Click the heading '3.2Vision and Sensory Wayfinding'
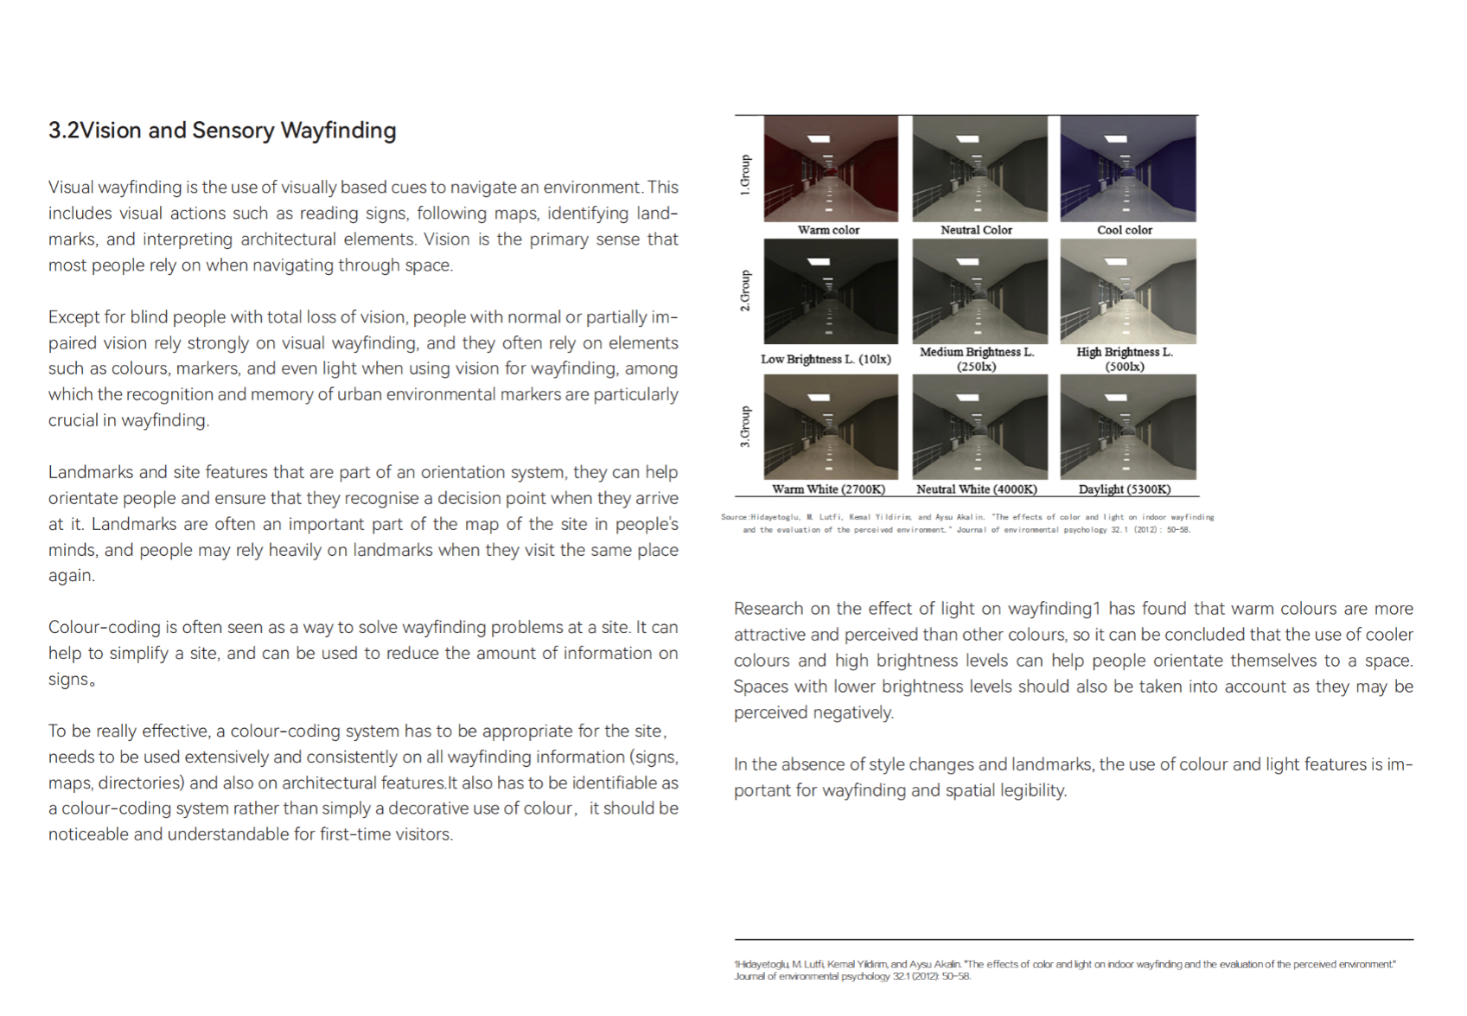(x=222, y=131)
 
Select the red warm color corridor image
(x=831, y=169)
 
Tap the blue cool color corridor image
(x=1128, y=169)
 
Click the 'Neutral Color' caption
(x=976, y=230)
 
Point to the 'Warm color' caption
(x=828, y=230)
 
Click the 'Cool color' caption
(x=1125, y=230)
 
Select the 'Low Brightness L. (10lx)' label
(x=826, y=359)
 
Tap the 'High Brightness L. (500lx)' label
(x=1125, y=359)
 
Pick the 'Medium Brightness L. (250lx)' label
(x=977, y=359)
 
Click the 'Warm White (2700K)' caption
(x=828, y=489)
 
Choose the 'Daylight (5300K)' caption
(x=1125, y=489)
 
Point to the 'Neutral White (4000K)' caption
(x=977, y=489)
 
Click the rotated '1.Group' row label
(x=745, y=176)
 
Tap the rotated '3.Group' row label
(x=745, y=427)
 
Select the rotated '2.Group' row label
(x=745, y=291)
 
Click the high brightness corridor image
(x=1128, y=292)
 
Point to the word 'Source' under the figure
(x=734, y=517)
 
